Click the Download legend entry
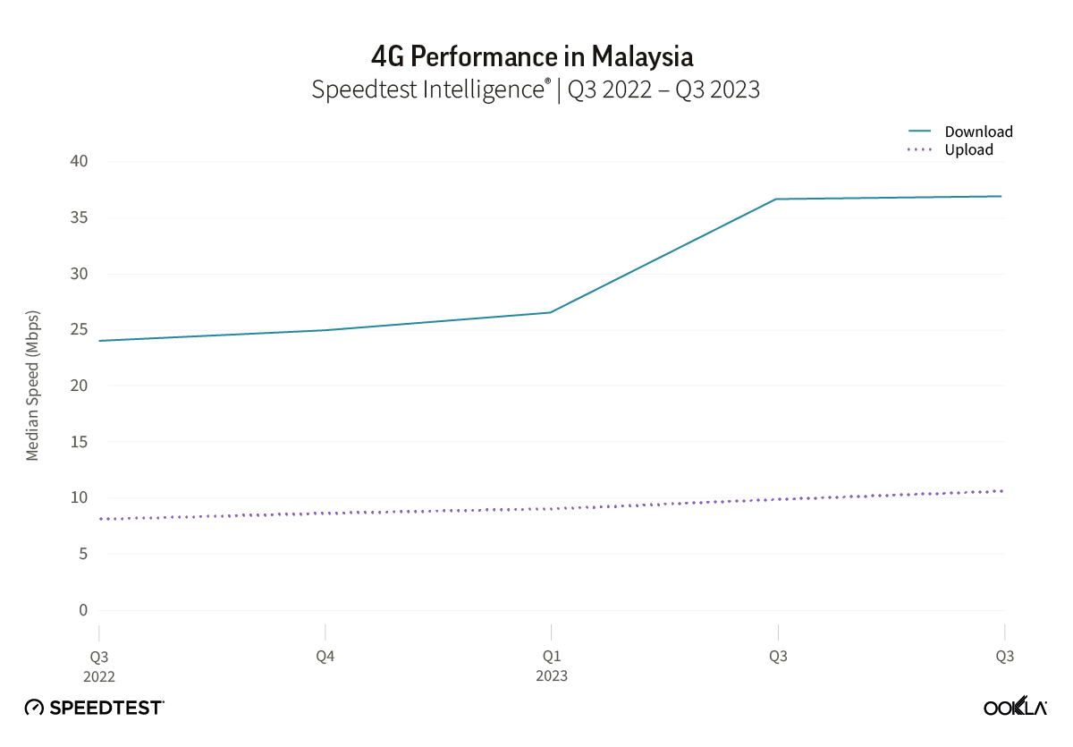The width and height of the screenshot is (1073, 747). (978, 132)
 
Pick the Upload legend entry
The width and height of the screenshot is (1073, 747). (968, 149)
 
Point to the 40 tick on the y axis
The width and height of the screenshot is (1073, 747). (79, 161)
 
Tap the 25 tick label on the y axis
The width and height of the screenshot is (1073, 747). (79, 329)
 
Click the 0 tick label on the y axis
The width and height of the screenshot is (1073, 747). (83, 610)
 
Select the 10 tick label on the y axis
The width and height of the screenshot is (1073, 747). (79, 497)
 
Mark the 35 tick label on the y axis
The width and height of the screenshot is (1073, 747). (79, 217)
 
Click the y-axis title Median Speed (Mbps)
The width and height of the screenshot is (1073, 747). (33, 386)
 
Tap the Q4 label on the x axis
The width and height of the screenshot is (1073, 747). (325, 656)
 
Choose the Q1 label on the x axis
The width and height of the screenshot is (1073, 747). (552, 656)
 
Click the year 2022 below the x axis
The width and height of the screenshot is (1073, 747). (99, 675)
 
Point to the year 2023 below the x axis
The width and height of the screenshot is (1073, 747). (552, 675)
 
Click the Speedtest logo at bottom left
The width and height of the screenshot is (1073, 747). (94, 707)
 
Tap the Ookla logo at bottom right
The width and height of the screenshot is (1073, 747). (1015, 707)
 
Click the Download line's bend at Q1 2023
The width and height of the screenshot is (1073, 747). (551, 312)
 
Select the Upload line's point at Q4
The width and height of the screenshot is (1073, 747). (325, 513)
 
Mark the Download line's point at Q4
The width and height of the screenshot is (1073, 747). (325, 330)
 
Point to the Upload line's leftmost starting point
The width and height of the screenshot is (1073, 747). (99, 519)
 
